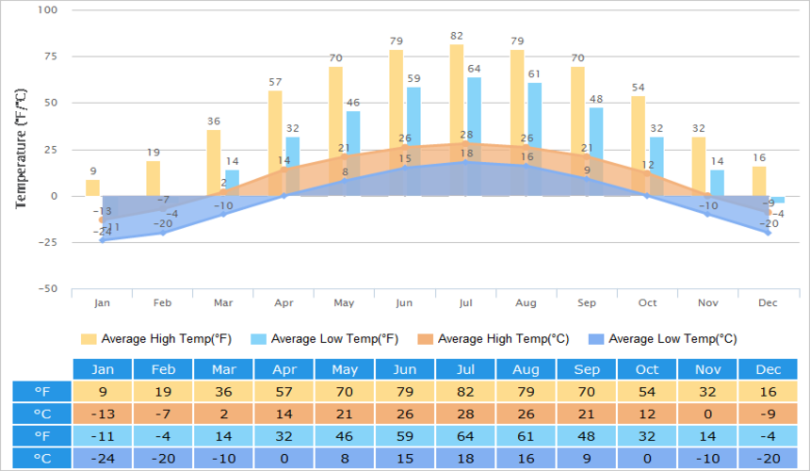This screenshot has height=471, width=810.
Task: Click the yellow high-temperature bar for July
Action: coord(457,94)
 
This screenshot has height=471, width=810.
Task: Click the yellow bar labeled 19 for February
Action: coord(154,178)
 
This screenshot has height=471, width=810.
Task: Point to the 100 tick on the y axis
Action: coord(47,10)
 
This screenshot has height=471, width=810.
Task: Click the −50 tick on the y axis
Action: coord(46,288)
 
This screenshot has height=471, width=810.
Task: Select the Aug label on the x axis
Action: coord(526,303)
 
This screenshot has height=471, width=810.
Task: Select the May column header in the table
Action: coord(346,369)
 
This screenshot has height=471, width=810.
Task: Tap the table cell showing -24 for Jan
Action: coord(104,459)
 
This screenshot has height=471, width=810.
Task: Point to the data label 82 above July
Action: coord(457,37)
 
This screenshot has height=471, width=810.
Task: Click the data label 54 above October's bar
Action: coord(639,88)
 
